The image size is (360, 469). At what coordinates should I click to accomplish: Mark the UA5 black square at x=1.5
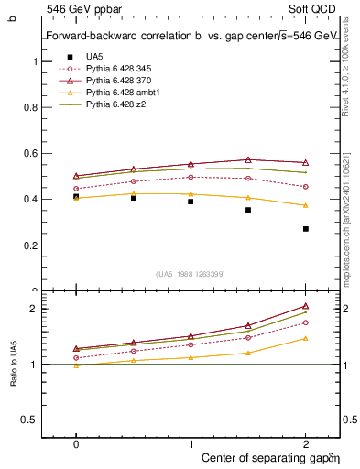tap(248, 210)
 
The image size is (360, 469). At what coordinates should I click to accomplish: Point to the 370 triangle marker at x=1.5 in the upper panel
tap(248, 159)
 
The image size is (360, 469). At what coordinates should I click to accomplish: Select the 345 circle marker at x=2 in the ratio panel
tap(305, 322)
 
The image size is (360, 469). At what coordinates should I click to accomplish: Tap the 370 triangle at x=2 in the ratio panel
tap(305, 306)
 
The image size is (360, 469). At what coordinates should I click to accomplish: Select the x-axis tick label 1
tap(191, 442)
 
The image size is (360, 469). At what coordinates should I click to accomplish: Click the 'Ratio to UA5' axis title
tap(13, 365)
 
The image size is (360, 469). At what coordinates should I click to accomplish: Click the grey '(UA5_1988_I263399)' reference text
tap(191, 274)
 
